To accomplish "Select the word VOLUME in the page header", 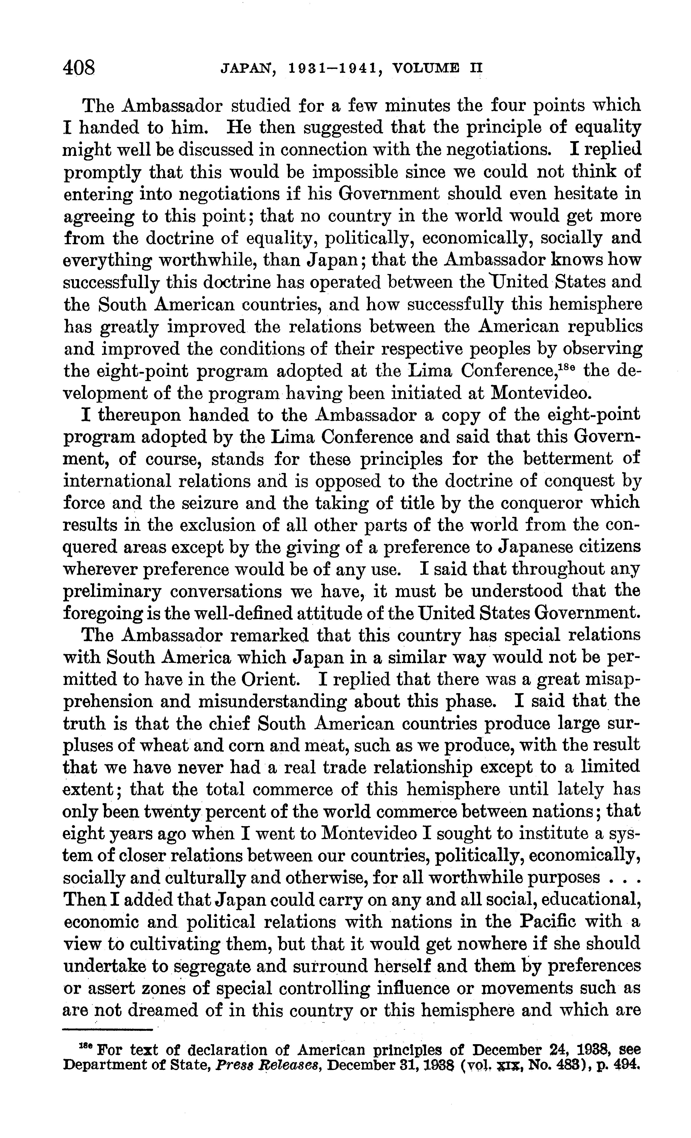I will click(x=425, y=69).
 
